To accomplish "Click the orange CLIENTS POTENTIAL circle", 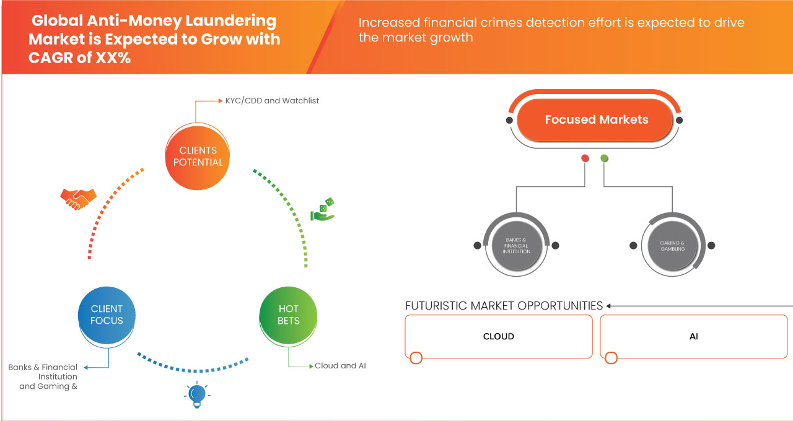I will pos(198,156).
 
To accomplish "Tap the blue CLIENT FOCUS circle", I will pos(107,315).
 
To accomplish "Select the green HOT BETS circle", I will pos(289,315).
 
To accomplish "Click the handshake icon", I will pos(78,198).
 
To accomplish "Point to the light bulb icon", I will pos(196,394).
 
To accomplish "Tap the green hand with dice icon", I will pos(323,209).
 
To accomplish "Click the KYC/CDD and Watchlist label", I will pos(272,100).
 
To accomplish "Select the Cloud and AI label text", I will pos(340,366).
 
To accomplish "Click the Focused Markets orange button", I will pos(596,120).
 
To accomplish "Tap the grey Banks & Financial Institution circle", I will pos(516,245).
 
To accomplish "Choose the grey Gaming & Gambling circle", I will pos(672,245).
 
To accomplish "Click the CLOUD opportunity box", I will pos(499,336).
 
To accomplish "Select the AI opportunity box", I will pos(694,336).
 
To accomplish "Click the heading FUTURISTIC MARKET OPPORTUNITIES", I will pos(504,306).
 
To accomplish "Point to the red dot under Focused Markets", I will pos(585,158).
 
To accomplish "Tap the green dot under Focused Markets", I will pos(604,158).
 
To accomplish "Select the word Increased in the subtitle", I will pos(388,23).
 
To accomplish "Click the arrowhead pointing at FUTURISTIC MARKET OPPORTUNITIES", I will pos(609,306).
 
